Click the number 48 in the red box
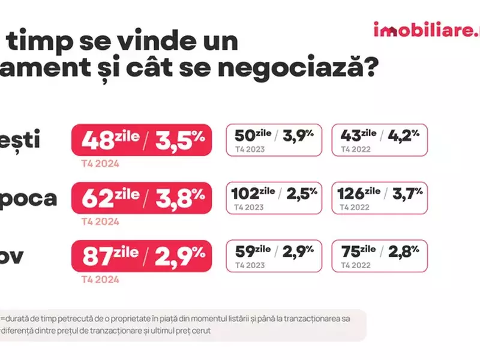pos(98,141)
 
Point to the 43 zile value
pos(358,136)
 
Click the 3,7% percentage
pos(407,194)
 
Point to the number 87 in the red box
pos(98,256)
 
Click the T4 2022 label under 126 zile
pos(355,207)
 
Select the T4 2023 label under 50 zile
pos(250,149)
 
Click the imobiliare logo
pos(426,30)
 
